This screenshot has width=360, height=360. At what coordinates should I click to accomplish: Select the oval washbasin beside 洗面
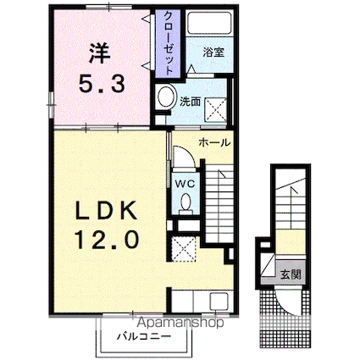(166, 96)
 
